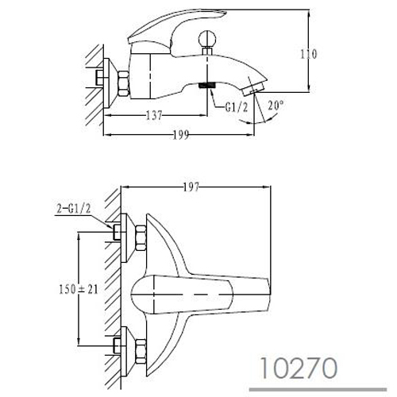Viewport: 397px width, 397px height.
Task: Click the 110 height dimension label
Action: [309, 55]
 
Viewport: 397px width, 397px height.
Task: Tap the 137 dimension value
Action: [154, 115]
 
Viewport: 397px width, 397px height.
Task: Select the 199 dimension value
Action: [181, 135]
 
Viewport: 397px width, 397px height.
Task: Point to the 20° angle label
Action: [276, 106]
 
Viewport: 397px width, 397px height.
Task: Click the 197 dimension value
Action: [191, 187]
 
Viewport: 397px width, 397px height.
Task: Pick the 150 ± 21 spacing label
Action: [79, 289]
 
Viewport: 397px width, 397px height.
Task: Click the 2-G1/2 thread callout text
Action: [74, 209]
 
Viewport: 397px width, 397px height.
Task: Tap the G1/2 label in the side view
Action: [237, 107]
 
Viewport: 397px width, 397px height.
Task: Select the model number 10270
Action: [299, 368]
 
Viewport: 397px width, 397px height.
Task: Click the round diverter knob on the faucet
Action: [207, 39]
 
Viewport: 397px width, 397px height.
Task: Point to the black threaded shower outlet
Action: [207, 85]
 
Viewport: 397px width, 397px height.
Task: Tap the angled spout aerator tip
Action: [252, 87]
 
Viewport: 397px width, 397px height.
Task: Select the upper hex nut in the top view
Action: [141, 238]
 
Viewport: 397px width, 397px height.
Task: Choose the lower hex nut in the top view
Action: [141, 351]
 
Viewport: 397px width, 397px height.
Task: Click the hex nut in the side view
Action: [124, 83]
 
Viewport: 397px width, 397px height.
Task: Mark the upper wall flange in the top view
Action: [128, 238]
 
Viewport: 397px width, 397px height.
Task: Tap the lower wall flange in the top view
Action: [128, 351]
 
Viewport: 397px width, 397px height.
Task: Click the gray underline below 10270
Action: [318, 390]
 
